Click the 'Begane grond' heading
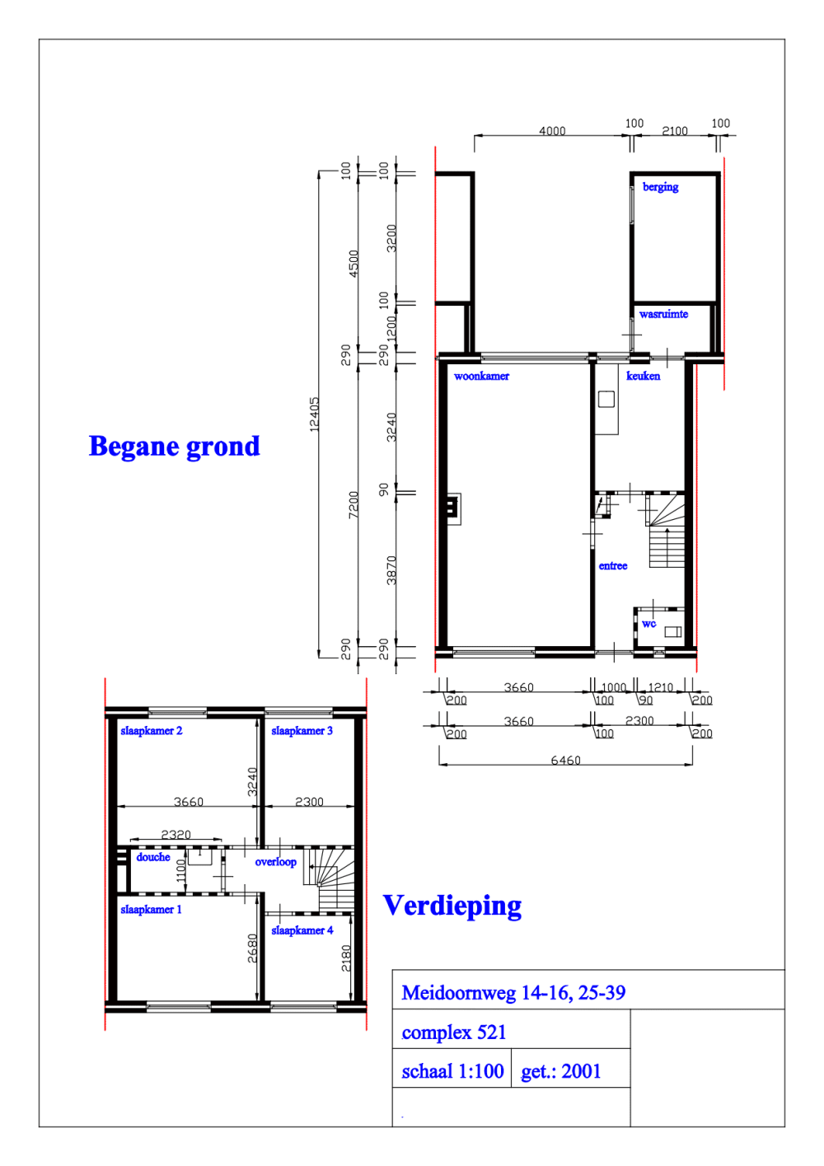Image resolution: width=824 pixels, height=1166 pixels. point(174,447)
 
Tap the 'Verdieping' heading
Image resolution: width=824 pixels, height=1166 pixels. point(452,906)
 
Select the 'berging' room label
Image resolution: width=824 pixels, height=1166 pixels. point(660,187)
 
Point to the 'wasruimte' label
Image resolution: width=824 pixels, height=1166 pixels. point(663,314)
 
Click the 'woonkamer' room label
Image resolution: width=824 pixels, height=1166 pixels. point(481,376)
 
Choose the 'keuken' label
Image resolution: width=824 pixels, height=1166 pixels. point(643,376)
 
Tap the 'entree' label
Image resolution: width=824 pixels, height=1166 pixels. point(612,566)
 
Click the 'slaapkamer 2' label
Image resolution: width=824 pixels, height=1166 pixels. point(151,731)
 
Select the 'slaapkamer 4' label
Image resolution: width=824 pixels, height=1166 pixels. point(302,930)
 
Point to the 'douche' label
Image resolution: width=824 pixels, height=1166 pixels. point(153,857)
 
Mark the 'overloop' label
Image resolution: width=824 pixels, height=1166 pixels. point(275,862)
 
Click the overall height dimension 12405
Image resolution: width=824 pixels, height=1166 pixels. point(314,414)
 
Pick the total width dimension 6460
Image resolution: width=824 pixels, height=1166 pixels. point(565,760)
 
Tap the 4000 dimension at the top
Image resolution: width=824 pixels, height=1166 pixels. point(552,131)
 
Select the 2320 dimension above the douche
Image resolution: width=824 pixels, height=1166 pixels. point(176,835)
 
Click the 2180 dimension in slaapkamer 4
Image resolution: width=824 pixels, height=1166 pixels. point(346,958)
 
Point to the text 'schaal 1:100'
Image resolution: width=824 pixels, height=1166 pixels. point(452,1071)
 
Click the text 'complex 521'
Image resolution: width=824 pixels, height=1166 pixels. point(453,1033)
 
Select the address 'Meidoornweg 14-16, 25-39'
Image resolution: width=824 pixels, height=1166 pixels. point(513,993)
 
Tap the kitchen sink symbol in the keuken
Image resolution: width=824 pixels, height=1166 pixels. point(606,400)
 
